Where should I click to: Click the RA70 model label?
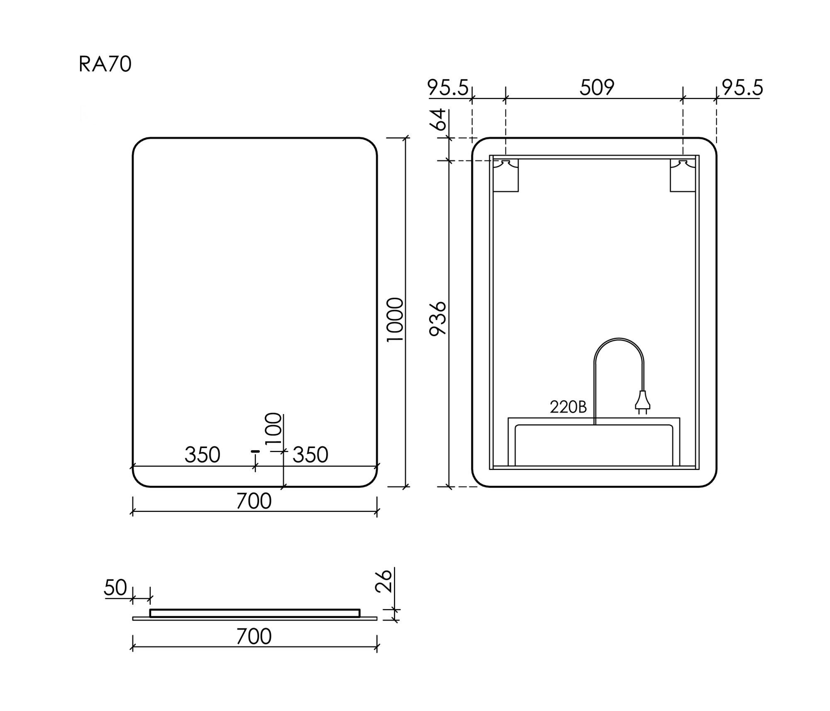(x=105, y=64)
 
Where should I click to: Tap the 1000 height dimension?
(x=395, y=319)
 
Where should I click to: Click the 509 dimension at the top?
(x=597, y=88)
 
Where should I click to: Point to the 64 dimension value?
(x=440, y=119)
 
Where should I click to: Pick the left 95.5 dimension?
(x=448, y=88)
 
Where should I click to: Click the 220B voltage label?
(x=568, y=407)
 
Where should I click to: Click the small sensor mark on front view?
(x=255, y=451)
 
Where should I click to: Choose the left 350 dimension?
(x=202, y=455)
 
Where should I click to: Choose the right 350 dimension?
(x=310, y=455)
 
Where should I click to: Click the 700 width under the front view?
(x=254, y=501)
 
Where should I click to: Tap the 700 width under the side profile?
(x=254, y=637)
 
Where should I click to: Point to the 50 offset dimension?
(x=115, y=588)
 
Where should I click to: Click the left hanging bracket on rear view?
(x=506, y=176)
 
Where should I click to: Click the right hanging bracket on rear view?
(x=683, y=176)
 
